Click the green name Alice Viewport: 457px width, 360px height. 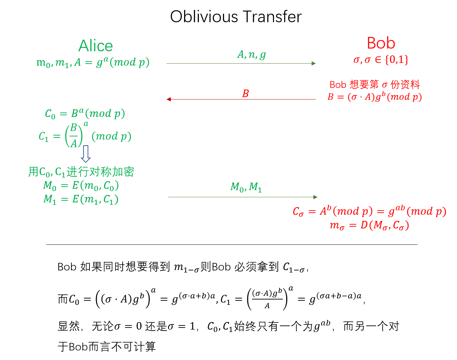(96, 46)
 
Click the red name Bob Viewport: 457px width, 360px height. (381, 43)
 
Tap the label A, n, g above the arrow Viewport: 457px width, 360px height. (251, 55)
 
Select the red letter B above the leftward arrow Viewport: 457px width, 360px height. (246, 94)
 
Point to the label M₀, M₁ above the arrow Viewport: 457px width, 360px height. (246, 187)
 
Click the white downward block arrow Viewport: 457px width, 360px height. (86, 154)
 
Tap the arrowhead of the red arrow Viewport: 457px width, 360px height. (168, 99)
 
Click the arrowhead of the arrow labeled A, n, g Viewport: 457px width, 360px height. (314, 63)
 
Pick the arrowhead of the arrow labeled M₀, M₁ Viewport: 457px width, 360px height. (315, 197)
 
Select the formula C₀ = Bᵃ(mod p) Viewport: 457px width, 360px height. (85, 114)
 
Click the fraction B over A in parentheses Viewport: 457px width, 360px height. (74, 136)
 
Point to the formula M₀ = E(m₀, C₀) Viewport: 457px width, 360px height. (81, 186)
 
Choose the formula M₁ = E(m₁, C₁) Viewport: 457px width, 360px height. (81, 199)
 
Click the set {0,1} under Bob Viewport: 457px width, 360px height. (397, 60)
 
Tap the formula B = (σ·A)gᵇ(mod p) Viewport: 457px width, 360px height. (374, 97)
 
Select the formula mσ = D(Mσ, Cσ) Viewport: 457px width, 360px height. (369, 226)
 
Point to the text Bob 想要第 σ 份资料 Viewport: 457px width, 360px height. (374, 84)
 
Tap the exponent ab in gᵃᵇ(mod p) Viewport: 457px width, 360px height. (400, 208)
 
